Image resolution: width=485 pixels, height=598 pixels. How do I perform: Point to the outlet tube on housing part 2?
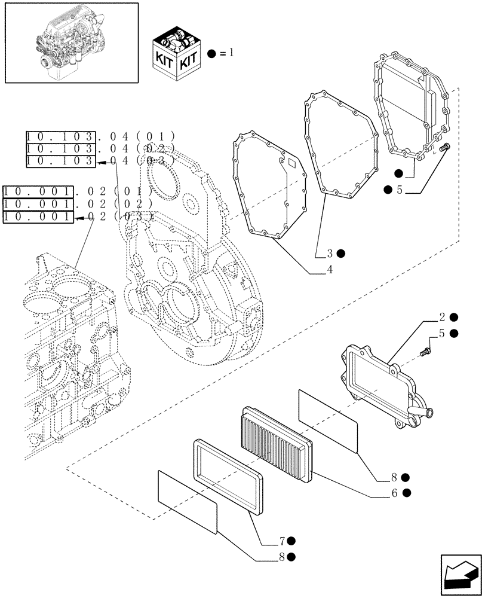(x=429, y=412)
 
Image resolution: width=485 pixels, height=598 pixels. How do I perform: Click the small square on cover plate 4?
(x=291, y=162)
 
